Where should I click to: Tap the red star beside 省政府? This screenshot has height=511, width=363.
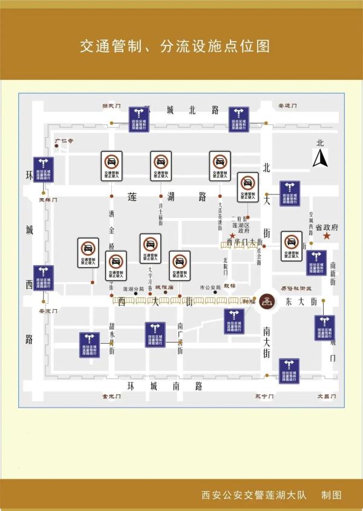point(327,236)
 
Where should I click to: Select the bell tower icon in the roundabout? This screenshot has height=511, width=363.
point(267,301)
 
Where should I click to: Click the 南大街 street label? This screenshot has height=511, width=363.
point(267,342)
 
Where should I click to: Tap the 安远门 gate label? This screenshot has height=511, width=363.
point(287,106)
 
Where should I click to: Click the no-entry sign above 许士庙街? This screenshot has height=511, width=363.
point(161,166)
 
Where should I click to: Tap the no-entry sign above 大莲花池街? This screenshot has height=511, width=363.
point(220,166)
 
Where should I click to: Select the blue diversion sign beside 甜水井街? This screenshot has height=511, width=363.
point(90,344)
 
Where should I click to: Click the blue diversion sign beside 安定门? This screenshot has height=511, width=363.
point(44,278)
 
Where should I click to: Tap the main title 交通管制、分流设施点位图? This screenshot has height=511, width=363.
point(175,46)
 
